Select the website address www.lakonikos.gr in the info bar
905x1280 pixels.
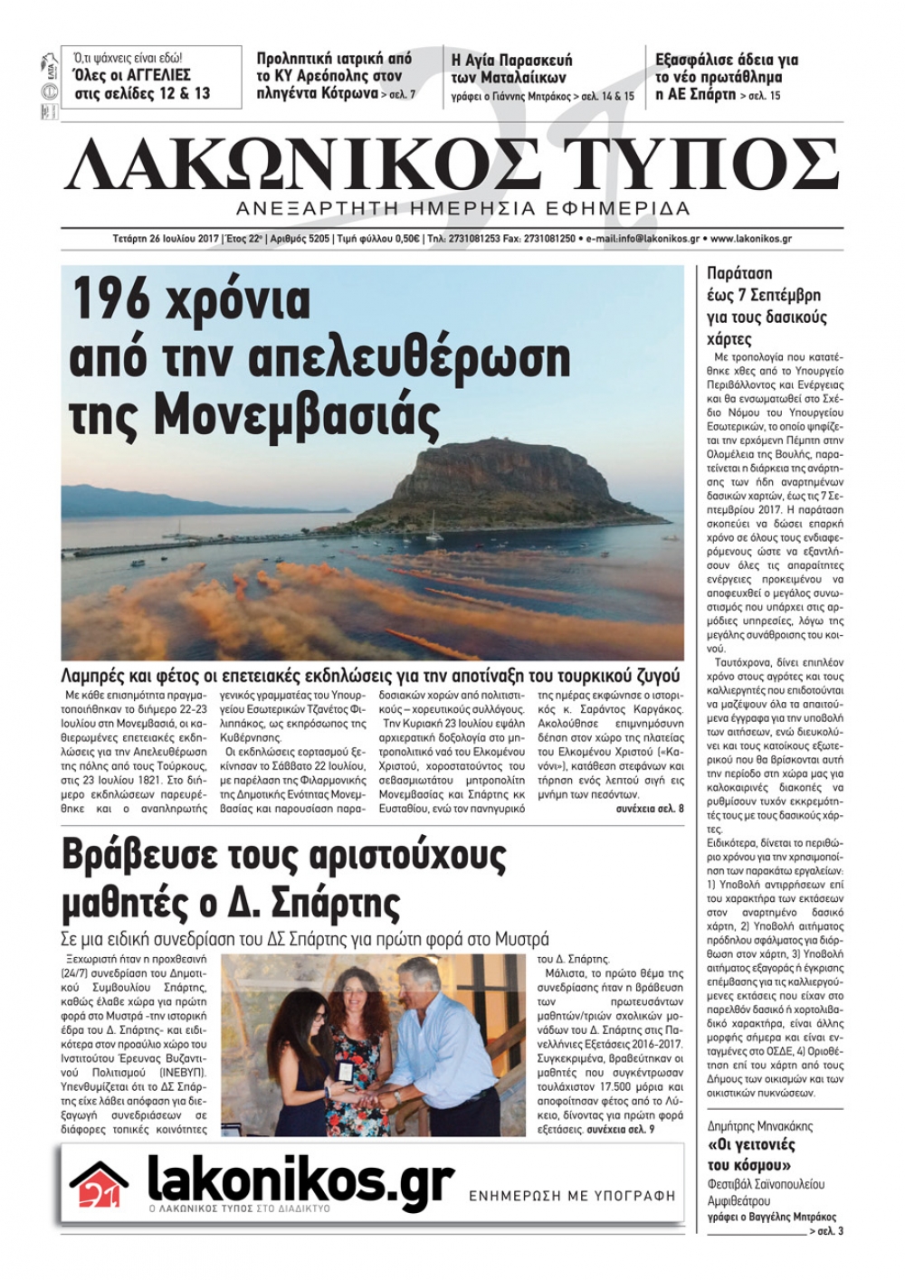point(765,239)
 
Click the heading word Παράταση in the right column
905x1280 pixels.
point(739,272)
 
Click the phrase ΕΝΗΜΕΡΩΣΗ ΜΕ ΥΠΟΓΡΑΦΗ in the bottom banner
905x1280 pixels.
point(572,1195)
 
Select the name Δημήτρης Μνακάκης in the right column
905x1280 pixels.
point(759,1126)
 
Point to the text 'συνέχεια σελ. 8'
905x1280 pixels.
point(649,808)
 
